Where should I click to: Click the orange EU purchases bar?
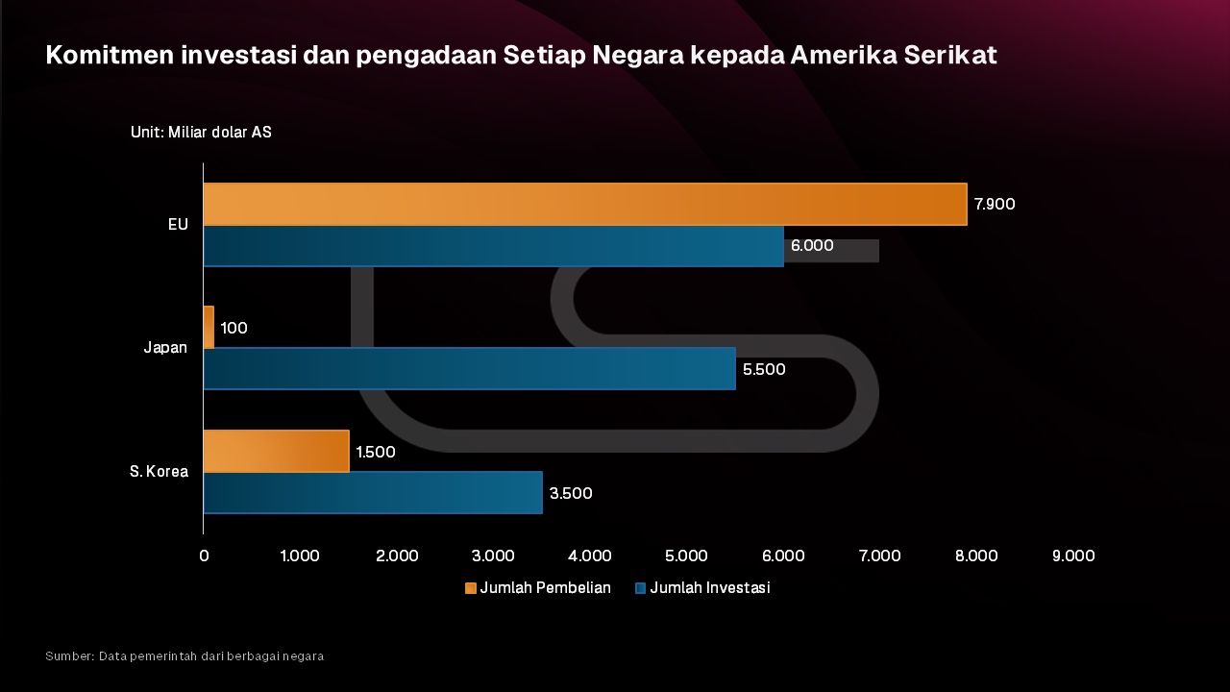tap(584, 204)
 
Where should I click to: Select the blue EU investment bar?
tap(493, 245)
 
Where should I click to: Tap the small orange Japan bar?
tap(209, 327)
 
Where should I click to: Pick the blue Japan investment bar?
tap(469, 368)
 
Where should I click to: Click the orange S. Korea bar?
tap(276, 451)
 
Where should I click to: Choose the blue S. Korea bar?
tap(373, 492)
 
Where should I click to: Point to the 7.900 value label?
tap(994, 204)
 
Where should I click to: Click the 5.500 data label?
tap(764, 369)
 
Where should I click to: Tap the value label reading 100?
tap(234, 328)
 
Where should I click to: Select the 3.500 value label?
tap(571, 493)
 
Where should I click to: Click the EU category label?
tap(178, 224)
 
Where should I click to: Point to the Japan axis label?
tap(165, 348)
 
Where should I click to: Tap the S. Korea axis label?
tap(160, 471)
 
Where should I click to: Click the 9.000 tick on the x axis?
tap(1072, 556)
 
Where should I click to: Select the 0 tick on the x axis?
tap(204, 556)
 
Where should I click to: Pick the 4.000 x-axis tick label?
tap(589, 556)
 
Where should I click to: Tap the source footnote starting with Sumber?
tap(184, 655)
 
